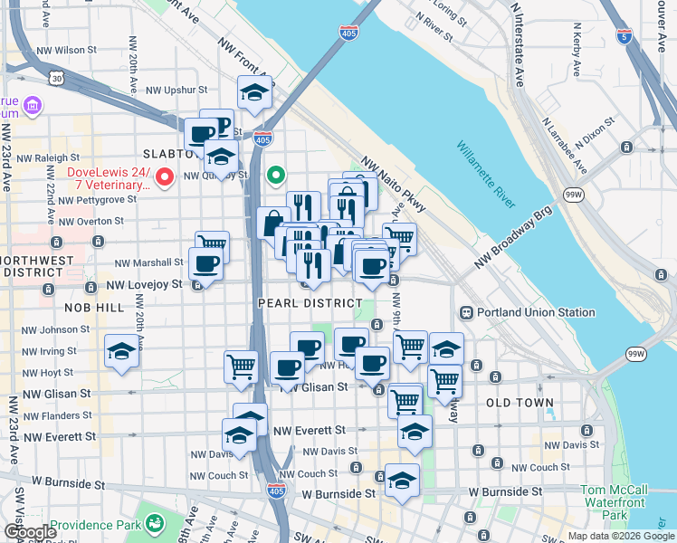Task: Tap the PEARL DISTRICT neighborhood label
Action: click(310, 303)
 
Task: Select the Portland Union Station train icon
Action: click(467, 313)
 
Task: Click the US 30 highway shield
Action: click(57, 80)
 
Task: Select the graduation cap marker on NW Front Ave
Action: click(255, 92)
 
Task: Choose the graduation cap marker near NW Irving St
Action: click(120, 351)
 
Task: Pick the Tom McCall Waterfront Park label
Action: click(614, 502)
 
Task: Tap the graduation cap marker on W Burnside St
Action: click(402, 480)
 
